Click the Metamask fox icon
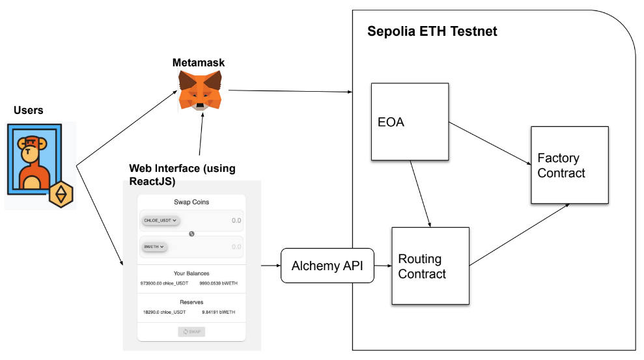[x=201, y=90]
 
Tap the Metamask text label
[x=199, y=62]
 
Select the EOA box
[x=410, y=122]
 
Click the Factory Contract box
[x=570, y=165]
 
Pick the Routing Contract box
[x=430, y=266]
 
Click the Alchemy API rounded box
[x=328, y=266]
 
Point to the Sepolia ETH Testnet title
[x=432, y=31]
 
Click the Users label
[x=29, y=110]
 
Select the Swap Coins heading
[x=191, y=202]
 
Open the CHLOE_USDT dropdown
[x=160, y=221]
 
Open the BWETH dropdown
[x=154, y=247]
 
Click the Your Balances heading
[x=191, y=273]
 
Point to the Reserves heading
[x=191, y=302]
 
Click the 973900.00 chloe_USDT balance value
[x=164, y=284]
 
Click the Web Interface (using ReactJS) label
[x=182, y=175]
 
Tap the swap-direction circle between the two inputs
[x=191, y=234]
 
